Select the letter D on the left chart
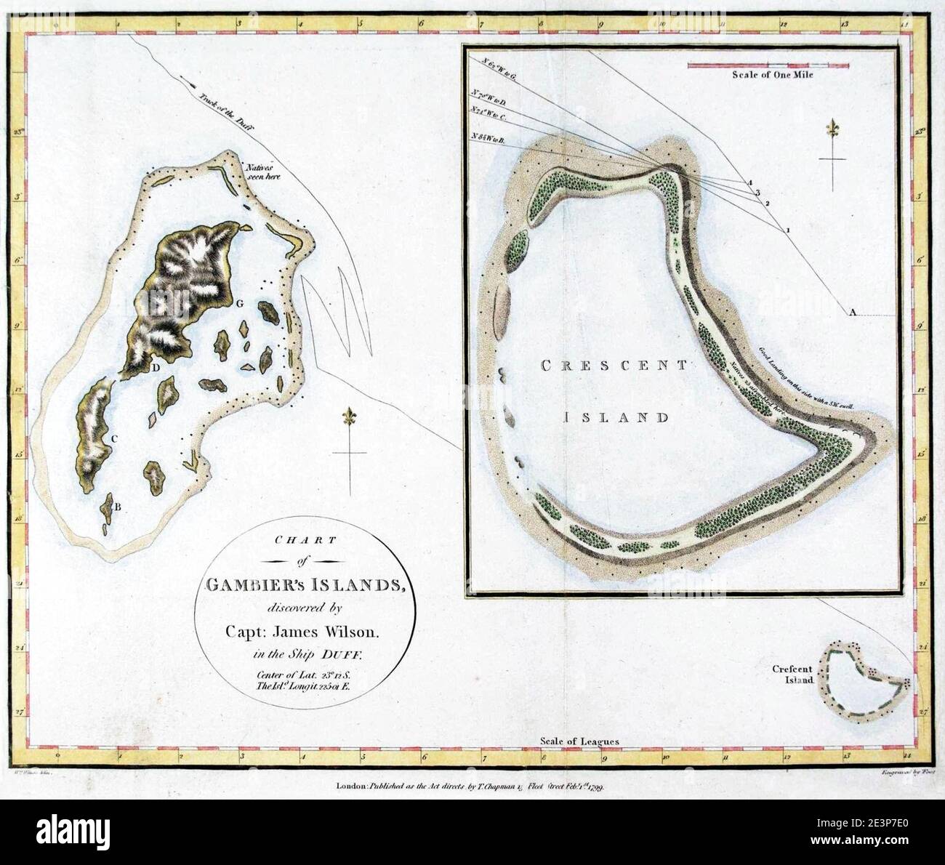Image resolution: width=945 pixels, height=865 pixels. click(x=156, y=368)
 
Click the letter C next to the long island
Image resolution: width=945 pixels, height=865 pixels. click(x=114, y=438)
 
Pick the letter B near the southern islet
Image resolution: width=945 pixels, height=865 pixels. click(x=117, y=507)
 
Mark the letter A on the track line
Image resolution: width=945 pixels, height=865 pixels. click(x=853, y=312)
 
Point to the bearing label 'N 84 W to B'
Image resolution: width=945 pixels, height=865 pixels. click(x=492, y=137)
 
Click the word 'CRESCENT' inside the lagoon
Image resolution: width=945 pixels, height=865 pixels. click(x=612, y=366)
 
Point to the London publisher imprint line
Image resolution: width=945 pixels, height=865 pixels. click(x=476, y=786)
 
